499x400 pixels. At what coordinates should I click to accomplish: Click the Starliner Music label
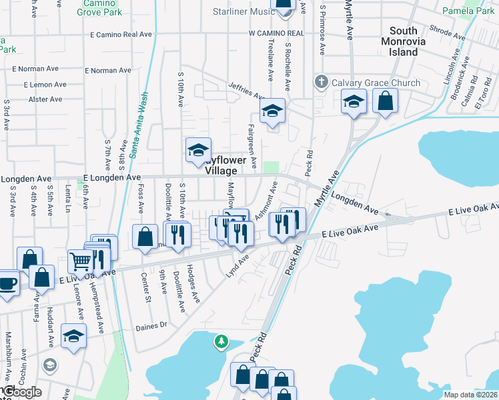[243, 12]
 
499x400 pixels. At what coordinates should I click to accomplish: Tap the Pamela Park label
[468, 11]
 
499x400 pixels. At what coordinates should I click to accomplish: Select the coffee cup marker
[7, 281]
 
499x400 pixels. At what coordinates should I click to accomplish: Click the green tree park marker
[221, 343]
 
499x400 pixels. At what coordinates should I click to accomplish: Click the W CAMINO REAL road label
[276, 33]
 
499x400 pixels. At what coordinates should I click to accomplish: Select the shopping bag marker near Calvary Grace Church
[386, 102]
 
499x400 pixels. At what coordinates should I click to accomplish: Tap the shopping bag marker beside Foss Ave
[145, 237]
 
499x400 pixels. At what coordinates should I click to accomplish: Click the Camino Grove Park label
[98, 8]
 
